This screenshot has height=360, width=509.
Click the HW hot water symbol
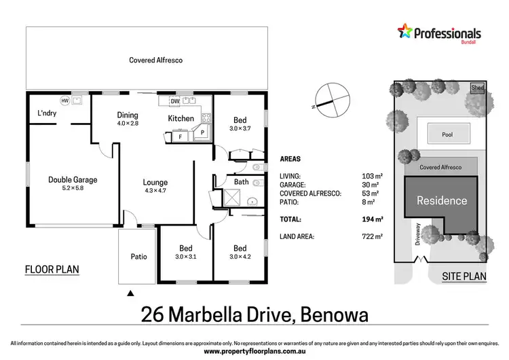(65, 101)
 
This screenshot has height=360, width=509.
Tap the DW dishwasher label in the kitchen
(175, 101)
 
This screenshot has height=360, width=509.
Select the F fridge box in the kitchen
(180, 137)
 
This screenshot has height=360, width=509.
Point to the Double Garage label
(73, 180)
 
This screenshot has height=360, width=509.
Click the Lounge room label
(155, 182)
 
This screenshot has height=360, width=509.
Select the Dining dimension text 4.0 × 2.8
(128, 124)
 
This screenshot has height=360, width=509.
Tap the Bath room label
(242, 182)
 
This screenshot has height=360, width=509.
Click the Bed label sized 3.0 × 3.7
(240, 120)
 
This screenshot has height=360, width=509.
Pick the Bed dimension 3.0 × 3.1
(186, 257)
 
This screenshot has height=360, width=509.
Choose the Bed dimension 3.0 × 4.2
(240, 257)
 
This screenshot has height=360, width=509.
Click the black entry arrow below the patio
(130, 293)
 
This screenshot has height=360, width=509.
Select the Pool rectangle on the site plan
(447, 134)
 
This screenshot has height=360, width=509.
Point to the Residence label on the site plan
(442, 200)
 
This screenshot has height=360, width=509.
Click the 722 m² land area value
(371, 236)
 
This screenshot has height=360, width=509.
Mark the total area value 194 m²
(371, 219)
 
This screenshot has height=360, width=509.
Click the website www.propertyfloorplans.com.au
(254, 352)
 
